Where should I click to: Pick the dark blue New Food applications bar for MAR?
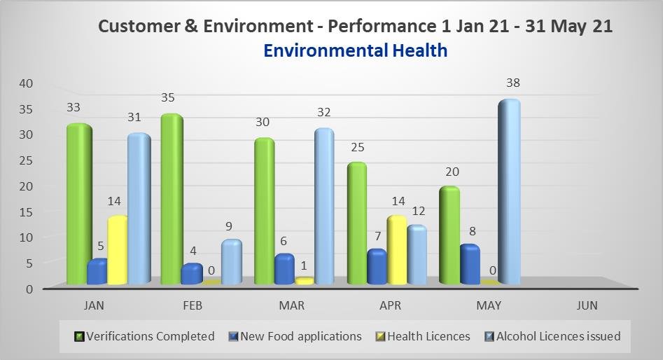click(x=284, y=270)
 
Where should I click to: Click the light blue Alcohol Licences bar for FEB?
click(x=231, y=262)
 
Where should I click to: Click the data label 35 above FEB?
click(x=167, y=98)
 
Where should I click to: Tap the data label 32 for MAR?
click(x=323, y=112)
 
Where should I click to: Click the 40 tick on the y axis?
click(x=26, y=83)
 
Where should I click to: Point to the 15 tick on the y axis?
click(x=26, y=212)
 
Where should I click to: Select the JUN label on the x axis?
click(x=587, y=305)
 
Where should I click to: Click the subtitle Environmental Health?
click(x=356, y=50)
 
